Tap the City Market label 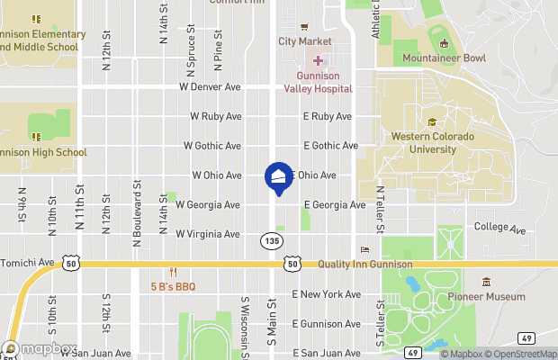[x=304, y=41]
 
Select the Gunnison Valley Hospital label [x=318, y=83]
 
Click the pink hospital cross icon [x=318, y=59]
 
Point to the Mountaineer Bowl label [x=444, y=58]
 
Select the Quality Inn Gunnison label [x=364, y=264]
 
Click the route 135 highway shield [x=271, y=241]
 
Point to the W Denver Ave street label [x=211, y=87]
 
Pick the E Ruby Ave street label [x=327, y=116]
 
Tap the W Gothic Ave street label [x=211, y=145]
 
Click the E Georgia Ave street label [x=334, y=205]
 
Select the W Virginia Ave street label [x=208, y=234]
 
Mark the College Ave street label [x=499, y=229]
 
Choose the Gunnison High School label [x=43, y=152]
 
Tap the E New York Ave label [x=326, y=294]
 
